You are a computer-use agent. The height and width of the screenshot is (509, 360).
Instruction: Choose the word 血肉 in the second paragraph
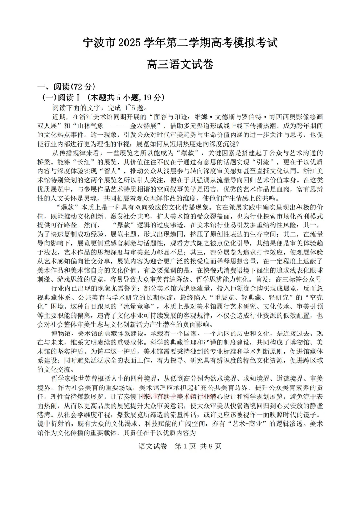(x=278, y=189)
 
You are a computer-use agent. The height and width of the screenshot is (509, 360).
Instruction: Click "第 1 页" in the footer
(x=185, y=446)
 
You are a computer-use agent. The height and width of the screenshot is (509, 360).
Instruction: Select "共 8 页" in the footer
(x=210, y=446)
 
